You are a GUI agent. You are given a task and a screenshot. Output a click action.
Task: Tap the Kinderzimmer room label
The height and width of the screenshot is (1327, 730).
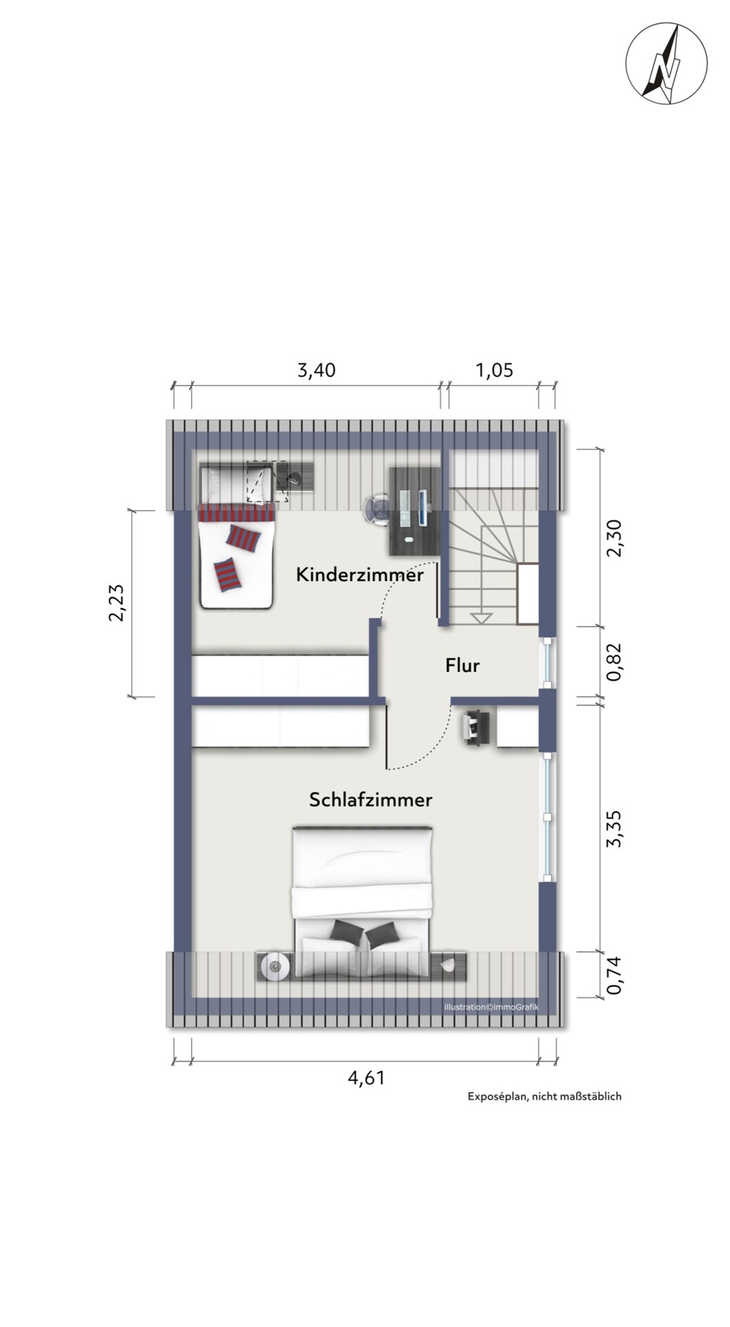360,574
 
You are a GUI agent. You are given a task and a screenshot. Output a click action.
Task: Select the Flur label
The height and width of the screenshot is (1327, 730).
463,666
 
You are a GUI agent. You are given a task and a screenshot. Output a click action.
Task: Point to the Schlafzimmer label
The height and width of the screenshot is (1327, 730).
371,800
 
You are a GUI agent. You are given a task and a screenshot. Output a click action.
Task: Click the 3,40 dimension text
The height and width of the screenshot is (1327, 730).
316,370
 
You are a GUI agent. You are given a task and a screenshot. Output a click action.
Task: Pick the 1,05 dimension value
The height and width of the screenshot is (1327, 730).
494,370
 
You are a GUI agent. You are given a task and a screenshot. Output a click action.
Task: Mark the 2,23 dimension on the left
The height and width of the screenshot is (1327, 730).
117,603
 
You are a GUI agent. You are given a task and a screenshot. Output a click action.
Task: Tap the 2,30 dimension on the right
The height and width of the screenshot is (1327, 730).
614,538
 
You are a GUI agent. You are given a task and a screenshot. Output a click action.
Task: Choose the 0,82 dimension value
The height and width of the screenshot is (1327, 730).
614,662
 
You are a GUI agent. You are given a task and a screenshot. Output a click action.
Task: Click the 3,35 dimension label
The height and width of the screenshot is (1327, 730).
614,829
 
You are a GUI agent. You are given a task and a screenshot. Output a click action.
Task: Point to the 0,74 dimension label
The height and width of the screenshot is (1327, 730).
614,975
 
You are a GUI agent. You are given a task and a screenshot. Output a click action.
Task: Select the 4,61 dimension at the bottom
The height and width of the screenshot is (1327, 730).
366,1077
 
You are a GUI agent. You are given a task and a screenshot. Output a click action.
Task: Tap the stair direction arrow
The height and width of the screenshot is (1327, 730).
479,617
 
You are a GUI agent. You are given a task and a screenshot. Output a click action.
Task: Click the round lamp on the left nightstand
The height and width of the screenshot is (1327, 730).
276,966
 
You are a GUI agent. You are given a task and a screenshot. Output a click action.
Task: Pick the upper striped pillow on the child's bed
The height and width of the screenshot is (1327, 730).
244,537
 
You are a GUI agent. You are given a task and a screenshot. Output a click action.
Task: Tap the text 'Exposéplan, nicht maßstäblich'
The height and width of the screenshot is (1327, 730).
545,1096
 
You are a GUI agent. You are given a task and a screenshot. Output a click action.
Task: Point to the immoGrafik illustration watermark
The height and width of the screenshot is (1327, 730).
492,1007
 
